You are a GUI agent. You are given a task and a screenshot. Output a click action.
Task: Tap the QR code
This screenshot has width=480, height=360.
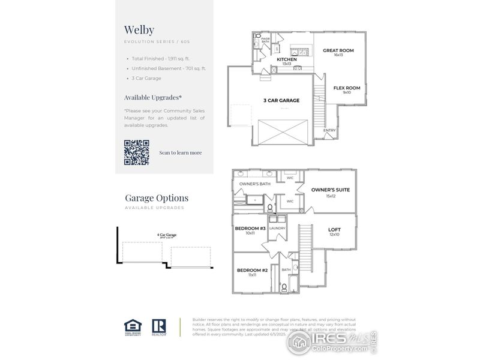click(136, 152)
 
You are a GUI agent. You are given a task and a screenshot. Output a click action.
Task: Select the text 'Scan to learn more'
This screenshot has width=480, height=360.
click(181, 152)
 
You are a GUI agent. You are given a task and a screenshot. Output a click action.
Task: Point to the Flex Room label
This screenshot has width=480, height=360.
click(347, 88)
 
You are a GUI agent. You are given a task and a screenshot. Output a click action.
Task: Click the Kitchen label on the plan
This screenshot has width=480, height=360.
click(287, 60)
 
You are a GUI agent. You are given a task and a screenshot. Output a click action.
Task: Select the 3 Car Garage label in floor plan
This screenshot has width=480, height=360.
click(281, 100)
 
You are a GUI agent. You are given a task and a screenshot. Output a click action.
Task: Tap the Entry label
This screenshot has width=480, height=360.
click(330, 130)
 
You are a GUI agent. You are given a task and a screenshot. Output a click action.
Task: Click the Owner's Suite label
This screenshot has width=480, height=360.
click(330, 190)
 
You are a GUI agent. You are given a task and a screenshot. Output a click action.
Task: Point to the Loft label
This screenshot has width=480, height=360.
click(334, 230)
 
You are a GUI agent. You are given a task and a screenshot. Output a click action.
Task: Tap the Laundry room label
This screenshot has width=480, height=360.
click(277, 228)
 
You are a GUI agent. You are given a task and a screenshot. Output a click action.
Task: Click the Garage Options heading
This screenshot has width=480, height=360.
click(156, 197)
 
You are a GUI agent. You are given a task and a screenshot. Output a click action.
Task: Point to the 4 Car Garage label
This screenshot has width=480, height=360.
click(167, 235)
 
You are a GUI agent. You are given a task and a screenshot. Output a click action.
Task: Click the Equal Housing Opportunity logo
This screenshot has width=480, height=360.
click(133, 326)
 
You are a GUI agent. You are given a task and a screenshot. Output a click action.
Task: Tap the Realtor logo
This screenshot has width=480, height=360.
click(159, 326)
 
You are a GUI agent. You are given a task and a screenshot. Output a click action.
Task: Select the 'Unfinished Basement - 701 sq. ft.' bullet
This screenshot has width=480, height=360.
click(169, 68)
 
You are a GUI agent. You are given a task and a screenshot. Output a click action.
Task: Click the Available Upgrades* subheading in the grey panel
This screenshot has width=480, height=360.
click(153, 97)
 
